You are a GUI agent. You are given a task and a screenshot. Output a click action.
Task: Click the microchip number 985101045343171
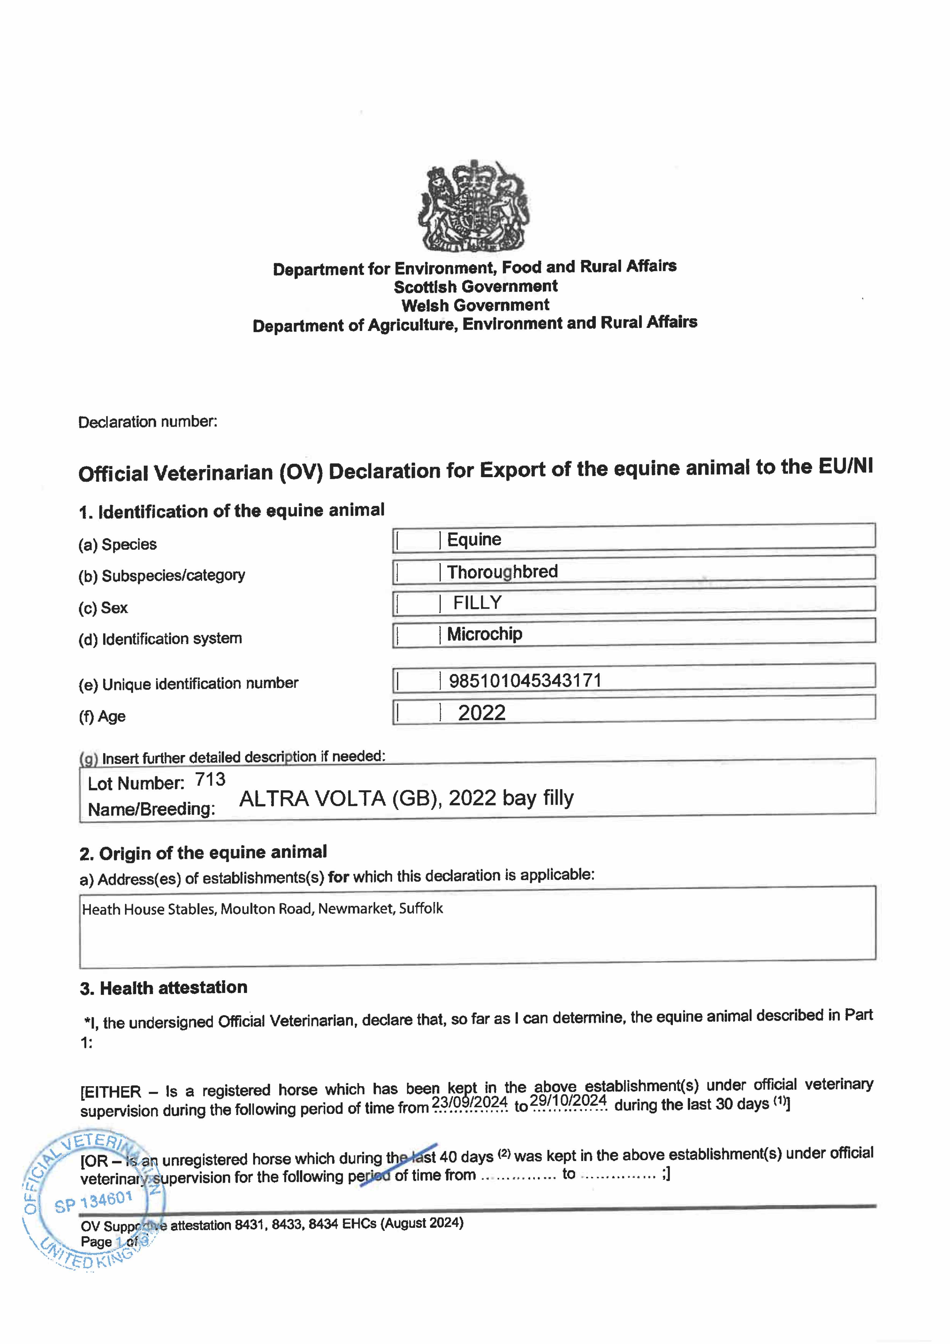coord(525,680)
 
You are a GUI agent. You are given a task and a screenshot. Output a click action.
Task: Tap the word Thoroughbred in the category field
coord(502,571)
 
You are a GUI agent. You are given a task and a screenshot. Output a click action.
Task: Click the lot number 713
coord(210,779)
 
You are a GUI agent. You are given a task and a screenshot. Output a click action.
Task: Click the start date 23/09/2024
coord(469,1102)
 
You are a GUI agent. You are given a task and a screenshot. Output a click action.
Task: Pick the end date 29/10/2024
coord(568,1100)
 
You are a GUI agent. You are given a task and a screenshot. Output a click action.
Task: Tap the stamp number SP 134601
coord(94,1202)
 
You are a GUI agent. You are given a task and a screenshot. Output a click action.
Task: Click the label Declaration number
coord(148,422)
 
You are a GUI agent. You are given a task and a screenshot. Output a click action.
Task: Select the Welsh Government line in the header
coord(475,305)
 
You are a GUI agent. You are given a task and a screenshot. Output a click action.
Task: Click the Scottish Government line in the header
coord(475,286)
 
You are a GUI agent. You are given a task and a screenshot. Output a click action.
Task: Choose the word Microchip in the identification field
coord(485,634)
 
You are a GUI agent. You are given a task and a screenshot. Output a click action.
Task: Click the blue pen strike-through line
coord(398,1165)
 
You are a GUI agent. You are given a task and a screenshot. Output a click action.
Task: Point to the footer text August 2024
coord(421,1223)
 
